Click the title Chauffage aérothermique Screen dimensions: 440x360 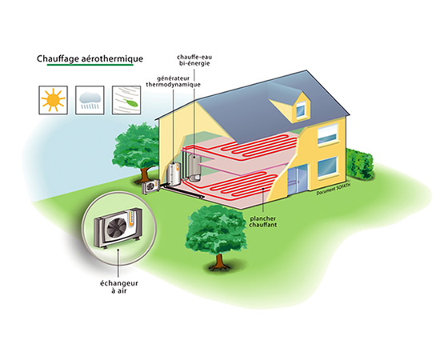tap(90, 58)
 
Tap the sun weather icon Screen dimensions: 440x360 tap(53, 100)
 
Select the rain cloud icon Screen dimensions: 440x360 tap(90, 100)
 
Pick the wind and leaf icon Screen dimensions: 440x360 tap(126, 100)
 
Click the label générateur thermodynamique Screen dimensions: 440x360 tap(173, 82)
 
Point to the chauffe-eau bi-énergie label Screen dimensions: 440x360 tap(194, 60)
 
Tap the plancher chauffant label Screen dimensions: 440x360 tap(263, 222)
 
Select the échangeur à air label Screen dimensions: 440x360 tap(119, 286)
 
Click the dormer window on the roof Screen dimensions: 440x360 tap(301, 109)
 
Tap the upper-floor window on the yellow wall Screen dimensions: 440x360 tap(327, 134)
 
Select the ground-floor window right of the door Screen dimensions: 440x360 tap(327, 167)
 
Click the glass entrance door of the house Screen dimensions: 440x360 tap(298, 181)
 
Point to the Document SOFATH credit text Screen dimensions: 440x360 tap(334, 189)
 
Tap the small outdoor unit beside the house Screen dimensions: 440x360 tap(151, 186)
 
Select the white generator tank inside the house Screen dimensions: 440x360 tap(174, 174)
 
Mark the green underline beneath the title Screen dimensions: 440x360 tap(90, 65)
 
